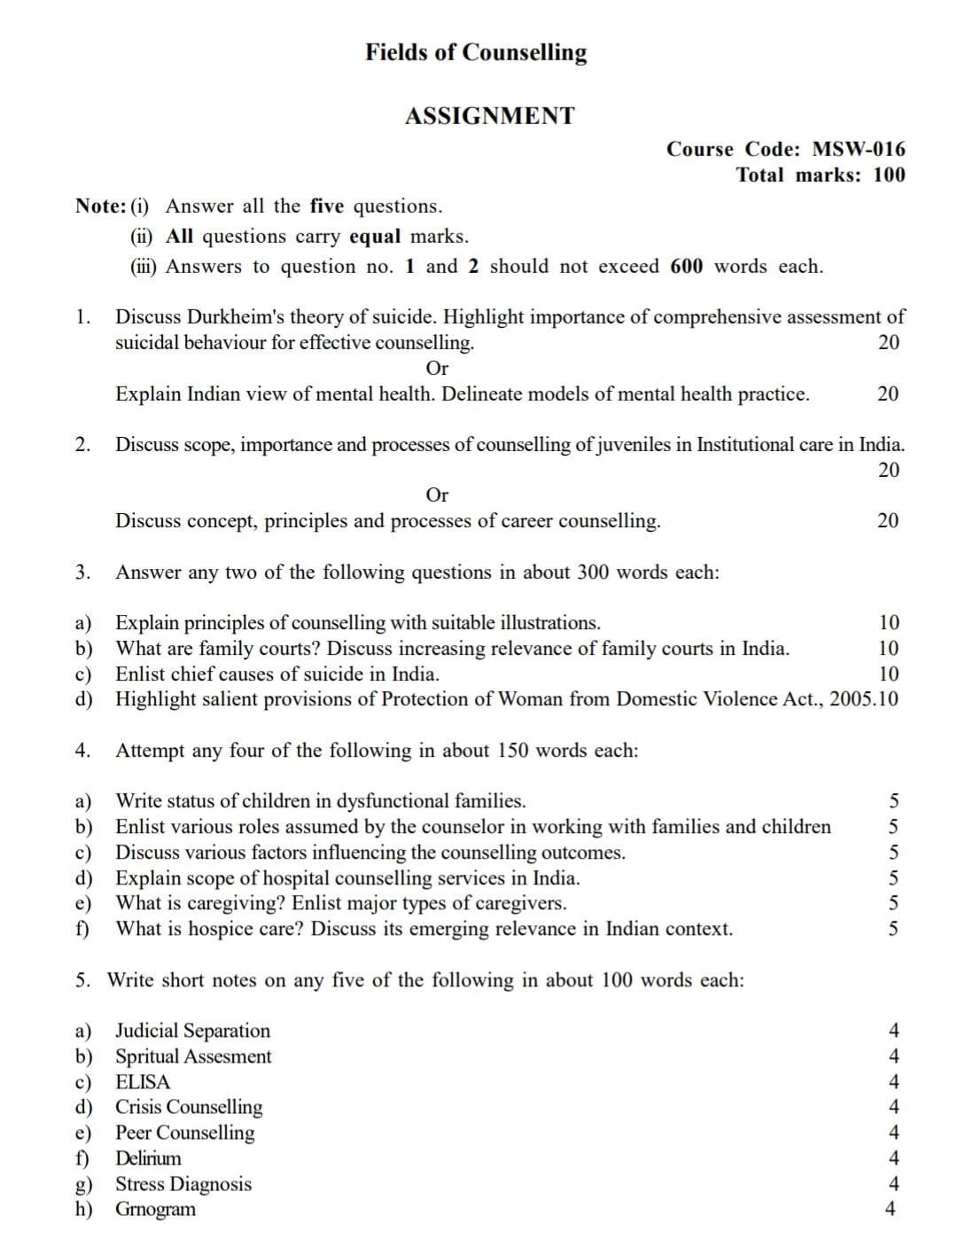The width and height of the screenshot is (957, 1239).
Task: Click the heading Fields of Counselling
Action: [476, 52]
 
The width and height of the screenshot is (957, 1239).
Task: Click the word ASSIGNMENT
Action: [489, 116]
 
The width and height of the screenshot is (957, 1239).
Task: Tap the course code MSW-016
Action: [859, 149]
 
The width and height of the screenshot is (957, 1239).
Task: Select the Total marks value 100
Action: [889, 175]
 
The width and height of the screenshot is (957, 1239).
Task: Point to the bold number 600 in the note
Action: [687, 266]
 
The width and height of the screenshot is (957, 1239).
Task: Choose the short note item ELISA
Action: [143, 1081]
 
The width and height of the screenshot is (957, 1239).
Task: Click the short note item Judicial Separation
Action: [193, 1030]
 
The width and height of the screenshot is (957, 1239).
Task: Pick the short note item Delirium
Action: [148, 1157]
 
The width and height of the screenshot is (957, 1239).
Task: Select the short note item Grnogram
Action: [156, 1209]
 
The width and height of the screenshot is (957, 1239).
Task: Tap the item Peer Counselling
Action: [185, 1132]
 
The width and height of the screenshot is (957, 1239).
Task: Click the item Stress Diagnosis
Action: [183, 1183]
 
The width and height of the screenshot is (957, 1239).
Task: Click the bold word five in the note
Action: [326, 206]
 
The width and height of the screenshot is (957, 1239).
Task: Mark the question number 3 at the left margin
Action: [82, 572]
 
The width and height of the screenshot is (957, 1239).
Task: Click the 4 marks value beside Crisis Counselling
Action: [893, 1107]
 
